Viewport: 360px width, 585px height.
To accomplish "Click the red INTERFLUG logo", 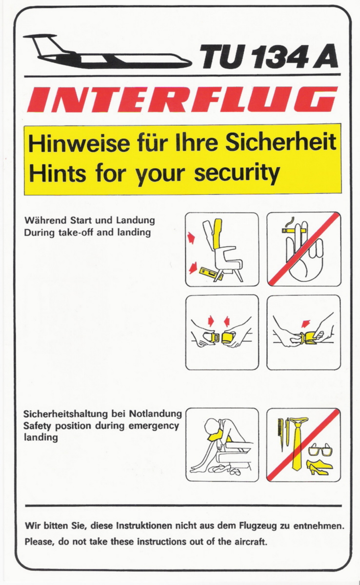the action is click(x=182, y=99).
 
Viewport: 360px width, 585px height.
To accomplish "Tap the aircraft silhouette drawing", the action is click(x=108, y=52).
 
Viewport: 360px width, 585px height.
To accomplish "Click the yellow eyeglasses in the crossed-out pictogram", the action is click(x=320, y=450).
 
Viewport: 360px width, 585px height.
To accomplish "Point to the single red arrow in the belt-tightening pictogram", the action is click(x=306, y=323).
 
